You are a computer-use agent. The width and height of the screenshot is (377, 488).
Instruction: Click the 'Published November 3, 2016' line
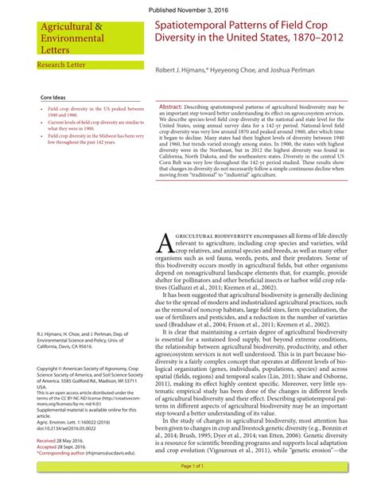click(188, 7)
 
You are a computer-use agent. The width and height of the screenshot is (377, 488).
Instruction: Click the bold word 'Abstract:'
click(172, 106)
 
